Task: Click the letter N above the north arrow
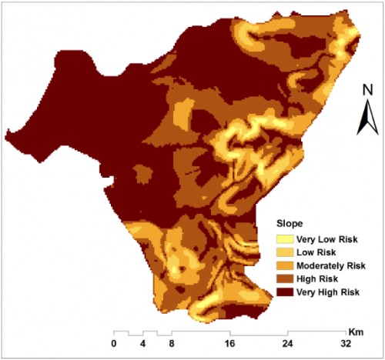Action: pos(367,90)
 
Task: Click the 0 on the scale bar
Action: pos(114,343)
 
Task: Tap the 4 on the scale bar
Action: pos(143,343)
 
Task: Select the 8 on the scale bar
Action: pos(172,343)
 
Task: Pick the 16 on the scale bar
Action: pos(230,343)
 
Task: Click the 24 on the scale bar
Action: pos(288,343)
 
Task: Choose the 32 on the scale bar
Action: pos(346,343)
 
